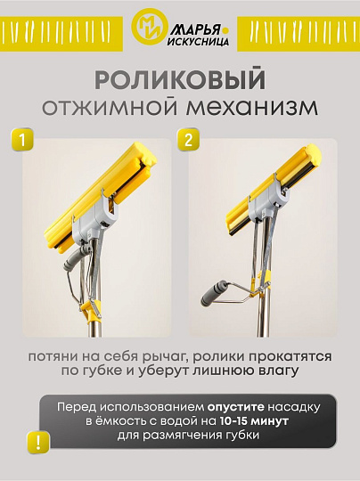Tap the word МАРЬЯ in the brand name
[x=192, y=23]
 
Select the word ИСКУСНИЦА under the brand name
[x=197, y=40]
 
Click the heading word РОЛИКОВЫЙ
[x=179, y=80]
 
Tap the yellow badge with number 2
[x=189, y=140]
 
